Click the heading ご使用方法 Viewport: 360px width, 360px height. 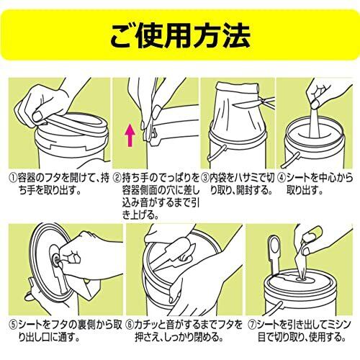tap(180, 35)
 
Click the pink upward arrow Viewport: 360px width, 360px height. tap(130, 135)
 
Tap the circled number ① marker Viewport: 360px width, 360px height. tap(13, 179)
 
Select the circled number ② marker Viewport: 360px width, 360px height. tap(117, 179)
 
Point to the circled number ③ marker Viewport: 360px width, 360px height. tap(205, 179)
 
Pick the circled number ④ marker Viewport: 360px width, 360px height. tap(282, 179)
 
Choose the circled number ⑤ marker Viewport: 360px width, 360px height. tap(13, 325)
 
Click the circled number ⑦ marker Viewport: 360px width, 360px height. tap(252, 325)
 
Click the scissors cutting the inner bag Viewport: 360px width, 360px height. tap(254, 102)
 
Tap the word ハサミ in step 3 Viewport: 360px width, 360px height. tap(240, 179)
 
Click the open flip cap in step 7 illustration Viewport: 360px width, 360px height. tap(275, 252)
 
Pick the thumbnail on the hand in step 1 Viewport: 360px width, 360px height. tap(37, 117)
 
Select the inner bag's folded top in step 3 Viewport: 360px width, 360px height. tap(238, 89)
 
